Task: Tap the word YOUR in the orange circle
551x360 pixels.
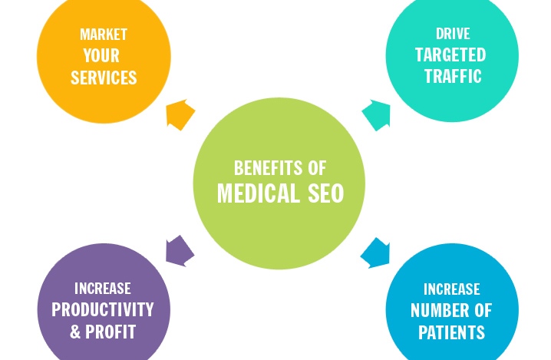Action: click(102, 55)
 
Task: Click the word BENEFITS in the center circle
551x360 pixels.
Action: click(259, 168)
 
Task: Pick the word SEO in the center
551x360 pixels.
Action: click(322, 193)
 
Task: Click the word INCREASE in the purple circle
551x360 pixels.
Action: click(102, 289)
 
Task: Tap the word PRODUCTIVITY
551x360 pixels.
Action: click(102, 309)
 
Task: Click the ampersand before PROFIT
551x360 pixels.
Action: click(74, 332)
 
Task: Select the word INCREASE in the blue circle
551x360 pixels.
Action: click(451, 289)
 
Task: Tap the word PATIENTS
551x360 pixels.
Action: click(451, 332)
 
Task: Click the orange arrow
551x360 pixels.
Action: click(180, 114)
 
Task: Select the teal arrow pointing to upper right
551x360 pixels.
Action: click(375, 114)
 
